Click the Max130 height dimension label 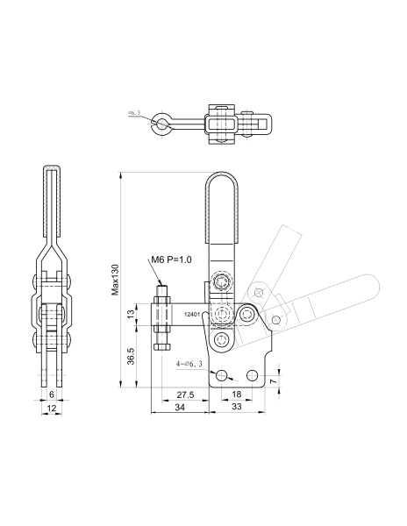tap(116, 280)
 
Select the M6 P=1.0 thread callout tap(171, 259)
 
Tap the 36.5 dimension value tap(131, 356)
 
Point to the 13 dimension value tap(132, 314)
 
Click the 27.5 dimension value tap(186, 394)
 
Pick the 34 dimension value tap(180, 408)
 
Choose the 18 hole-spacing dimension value tap(237, 394)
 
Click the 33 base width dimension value tap(237, 407)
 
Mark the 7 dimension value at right tap(274, 381)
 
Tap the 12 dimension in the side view tap(52, 408)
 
